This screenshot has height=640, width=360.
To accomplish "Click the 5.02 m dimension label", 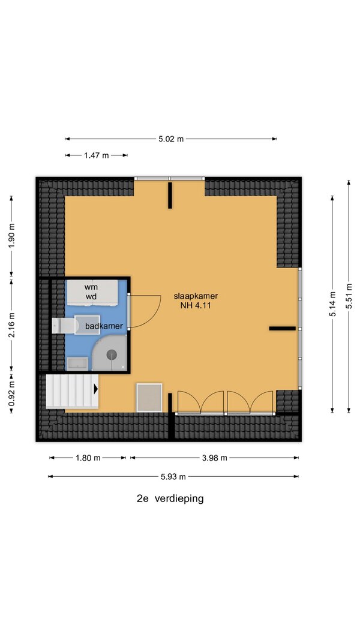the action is point(171,139).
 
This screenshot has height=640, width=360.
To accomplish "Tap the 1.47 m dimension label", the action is point(97,155).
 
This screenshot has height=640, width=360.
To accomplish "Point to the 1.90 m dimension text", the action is point(11,236).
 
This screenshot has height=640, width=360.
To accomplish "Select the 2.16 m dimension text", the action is point(11,325).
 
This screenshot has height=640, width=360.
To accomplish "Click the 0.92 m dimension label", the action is point(11,393).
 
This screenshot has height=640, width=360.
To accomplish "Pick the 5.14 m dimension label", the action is point(332,304).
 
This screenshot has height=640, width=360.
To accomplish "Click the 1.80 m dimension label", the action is point(88,458).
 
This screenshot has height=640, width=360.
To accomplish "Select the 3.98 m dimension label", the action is point(215,458).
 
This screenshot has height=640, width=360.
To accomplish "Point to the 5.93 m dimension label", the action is point(173,476).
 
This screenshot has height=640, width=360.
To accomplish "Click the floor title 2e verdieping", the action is point(170,498).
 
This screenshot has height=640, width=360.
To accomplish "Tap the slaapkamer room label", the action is point(196,296).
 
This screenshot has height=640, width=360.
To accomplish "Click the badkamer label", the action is point(104,326).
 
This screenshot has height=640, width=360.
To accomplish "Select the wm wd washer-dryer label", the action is point(91,292).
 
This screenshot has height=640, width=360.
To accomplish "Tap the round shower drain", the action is point(112,354).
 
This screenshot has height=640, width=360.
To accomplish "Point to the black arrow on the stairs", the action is point(96,389).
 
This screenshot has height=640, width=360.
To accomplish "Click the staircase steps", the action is point(72,392).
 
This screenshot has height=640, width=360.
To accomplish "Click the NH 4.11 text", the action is point(195,305).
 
